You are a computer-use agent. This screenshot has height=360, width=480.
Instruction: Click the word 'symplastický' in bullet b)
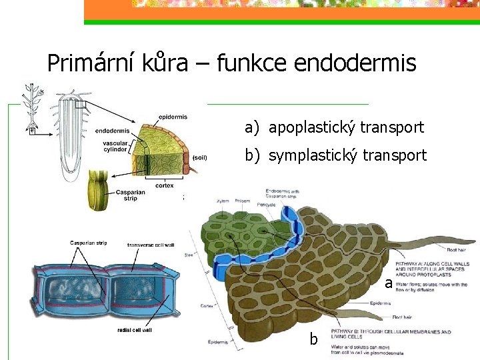coord(309,155)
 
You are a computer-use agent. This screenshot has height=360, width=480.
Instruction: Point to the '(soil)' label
coord(199,158)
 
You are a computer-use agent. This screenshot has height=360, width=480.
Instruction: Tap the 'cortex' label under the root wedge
coord(165,186)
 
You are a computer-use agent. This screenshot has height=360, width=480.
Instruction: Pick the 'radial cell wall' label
coord(134,329)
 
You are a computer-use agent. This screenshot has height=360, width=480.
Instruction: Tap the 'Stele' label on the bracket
coord(189,254)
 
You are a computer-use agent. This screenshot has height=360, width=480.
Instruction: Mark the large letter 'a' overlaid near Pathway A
coord(388,283)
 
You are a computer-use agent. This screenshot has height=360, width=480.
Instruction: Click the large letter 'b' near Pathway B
coord(313,339)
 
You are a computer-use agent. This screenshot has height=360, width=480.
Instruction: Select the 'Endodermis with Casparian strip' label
coord(282,193)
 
